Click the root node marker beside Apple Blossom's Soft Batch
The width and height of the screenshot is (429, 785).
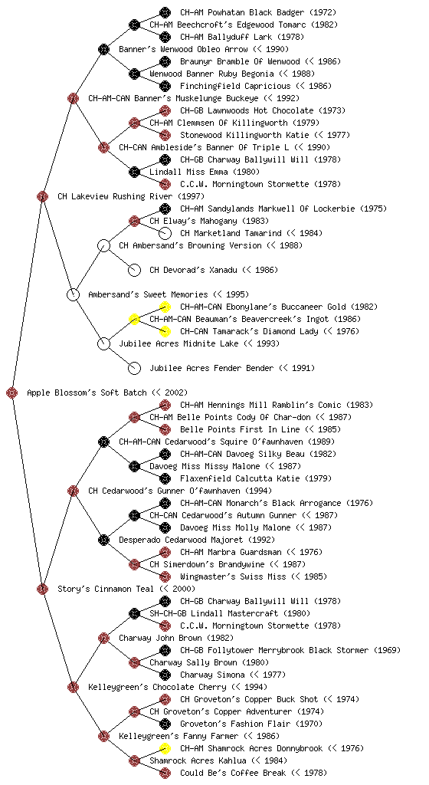coord(12,392)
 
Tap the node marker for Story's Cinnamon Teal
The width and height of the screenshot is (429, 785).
coord(42,589)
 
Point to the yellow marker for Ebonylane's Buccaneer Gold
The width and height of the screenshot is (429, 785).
coord(165,307)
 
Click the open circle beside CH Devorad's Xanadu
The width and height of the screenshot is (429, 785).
coord(134,270)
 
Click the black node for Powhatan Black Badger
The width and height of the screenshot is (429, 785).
coord(165,12)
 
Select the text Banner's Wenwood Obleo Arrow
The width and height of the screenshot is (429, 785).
coord(183,49)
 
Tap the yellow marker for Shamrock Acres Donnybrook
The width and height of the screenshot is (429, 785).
coord(165,748)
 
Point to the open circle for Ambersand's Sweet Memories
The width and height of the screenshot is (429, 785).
coord(73,294)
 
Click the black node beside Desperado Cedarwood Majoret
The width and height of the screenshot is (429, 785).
coord(103,540)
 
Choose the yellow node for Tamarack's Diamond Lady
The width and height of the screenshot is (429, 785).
coord(165,331)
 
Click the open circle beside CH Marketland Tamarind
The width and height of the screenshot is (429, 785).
coord(165,233)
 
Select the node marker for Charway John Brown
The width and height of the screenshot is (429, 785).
coord(103,638)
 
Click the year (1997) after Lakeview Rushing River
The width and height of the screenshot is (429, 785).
coord(191,196)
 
